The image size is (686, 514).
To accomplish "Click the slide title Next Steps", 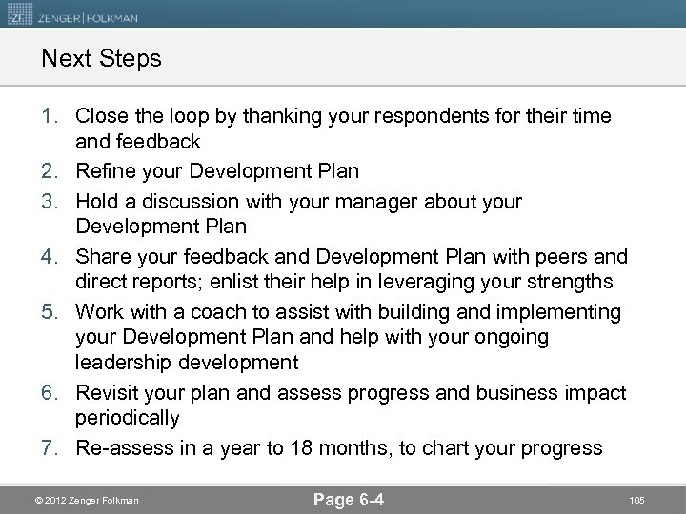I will [101, 59].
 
